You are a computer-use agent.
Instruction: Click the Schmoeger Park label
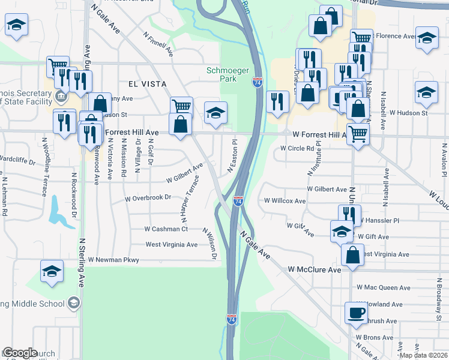click(228, 74)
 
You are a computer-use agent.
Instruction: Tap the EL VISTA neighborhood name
click(146, 84)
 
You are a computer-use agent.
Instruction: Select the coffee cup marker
click(356, 313)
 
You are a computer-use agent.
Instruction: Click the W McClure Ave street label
click(314, 270)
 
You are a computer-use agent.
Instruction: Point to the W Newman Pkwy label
click(113, 260)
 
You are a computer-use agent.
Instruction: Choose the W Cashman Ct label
click(166, 229)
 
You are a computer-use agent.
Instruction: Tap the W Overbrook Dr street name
click(148, 197)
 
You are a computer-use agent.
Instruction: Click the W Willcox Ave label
click(285, 202)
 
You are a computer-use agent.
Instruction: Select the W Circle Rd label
click(297, 148)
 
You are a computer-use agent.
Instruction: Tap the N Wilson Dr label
click(209, 244)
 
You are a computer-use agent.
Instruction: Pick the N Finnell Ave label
click(159, 44)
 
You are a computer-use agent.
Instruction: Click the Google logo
click(20, 353)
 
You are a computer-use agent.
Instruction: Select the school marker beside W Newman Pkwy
click(52, 272)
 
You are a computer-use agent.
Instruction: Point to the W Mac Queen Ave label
click(383, 288)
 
